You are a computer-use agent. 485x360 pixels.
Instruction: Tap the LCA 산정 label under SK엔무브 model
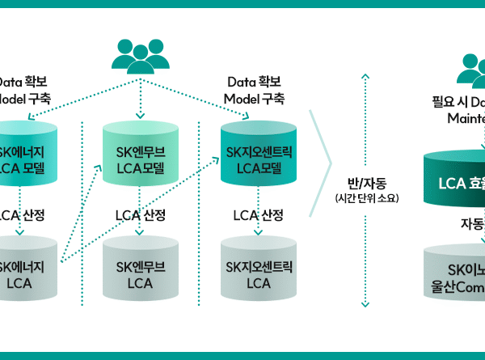[x=140, y=215]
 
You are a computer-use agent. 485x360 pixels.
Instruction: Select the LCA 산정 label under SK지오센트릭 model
[x=258, y=215]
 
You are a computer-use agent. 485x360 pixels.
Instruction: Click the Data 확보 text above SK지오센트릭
[x=257, y=83]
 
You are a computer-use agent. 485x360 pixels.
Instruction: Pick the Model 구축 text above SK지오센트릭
[x=254, y=99]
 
